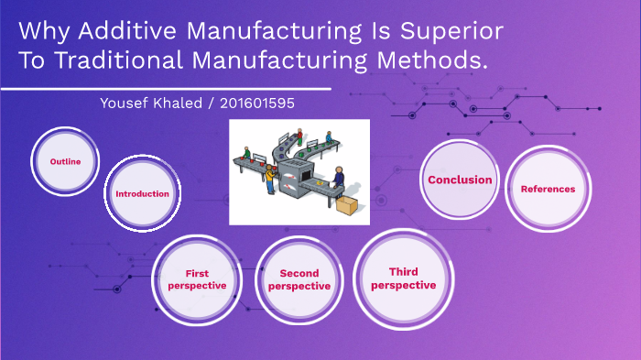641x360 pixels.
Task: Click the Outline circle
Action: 65,161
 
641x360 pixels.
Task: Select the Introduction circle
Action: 142,193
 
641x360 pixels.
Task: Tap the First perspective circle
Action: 195,279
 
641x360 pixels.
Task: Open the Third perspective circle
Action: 403,278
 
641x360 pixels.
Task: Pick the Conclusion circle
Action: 460,180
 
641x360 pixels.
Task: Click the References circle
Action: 548,189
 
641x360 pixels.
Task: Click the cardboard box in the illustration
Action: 347,206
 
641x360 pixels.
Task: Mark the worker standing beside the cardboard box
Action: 340,180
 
